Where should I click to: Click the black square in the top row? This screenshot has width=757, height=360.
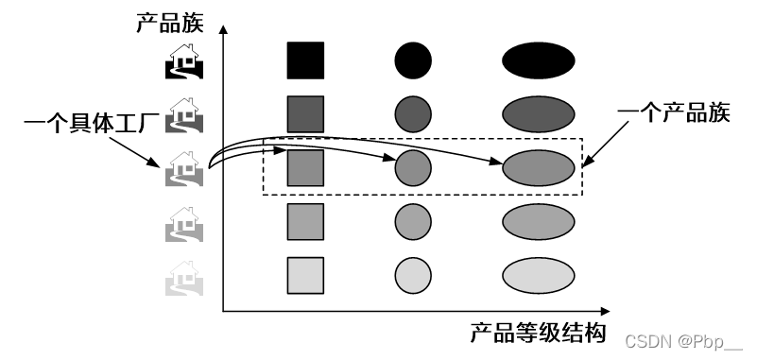[305, 60]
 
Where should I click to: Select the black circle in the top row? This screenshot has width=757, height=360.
[413, 61]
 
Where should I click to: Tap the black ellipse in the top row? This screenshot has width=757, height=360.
[538, 61]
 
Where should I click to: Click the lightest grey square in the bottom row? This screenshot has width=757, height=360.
[305, 276]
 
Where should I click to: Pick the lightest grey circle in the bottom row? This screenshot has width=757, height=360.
[413, 276]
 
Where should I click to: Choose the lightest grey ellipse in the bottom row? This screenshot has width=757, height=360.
[538, 276]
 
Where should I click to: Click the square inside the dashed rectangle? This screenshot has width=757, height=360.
[305, 168]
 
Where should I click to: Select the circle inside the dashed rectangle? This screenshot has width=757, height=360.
[413, 168]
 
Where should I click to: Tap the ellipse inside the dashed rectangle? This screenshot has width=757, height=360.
[538, 168]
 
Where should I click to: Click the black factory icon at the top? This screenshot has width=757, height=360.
[183, 62]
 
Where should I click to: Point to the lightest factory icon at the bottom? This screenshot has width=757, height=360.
[183, 278]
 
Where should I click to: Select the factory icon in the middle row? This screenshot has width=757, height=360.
[183, 170]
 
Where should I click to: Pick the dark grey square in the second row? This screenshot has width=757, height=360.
[305, 114]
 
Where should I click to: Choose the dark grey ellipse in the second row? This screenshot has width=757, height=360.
[538, 114]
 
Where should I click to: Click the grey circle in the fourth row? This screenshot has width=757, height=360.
[413, 222]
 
